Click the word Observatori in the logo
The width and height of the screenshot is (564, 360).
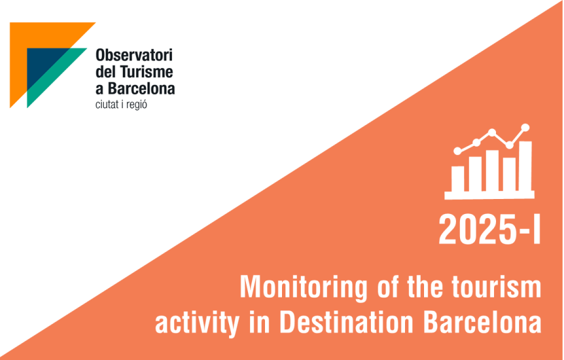(x=134, y=55)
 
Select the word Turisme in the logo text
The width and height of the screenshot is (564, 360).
(x=146, y=71)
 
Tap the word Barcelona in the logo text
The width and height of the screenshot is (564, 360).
(x=141, y=88)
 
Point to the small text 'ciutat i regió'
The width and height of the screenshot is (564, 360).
(x=121, y=105)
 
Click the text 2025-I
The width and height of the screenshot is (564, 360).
(x=489, y=230)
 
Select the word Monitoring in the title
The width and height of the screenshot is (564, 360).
(x=304, y=287)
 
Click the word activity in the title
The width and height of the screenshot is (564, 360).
(x=197, y=322)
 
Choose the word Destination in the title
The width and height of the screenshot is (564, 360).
(x=347, y=321)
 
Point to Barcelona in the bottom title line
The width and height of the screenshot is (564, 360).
(x=482, y=321)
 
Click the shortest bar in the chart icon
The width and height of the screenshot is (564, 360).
(x=457, y=179)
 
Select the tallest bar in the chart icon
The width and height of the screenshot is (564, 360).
(x=525, y=166)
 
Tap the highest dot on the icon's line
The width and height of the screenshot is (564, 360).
(x=525, y=127)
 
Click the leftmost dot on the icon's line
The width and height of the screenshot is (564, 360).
(x=457, y=151)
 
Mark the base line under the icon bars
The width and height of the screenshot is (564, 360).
(x=489, y=196)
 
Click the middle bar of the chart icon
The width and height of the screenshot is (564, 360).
(x=492, y=170)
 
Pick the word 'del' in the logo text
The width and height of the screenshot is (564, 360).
(x=105, y=71)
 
